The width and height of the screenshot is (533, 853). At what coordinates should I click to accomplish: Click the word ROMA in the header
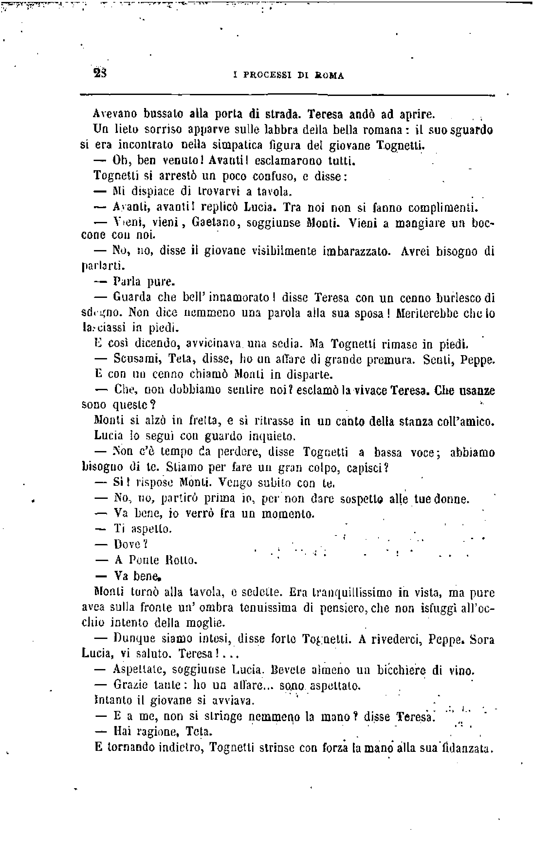point(329,75)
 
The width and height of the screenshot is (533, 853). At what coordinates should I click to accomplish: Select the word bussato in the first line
point(164,114)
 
